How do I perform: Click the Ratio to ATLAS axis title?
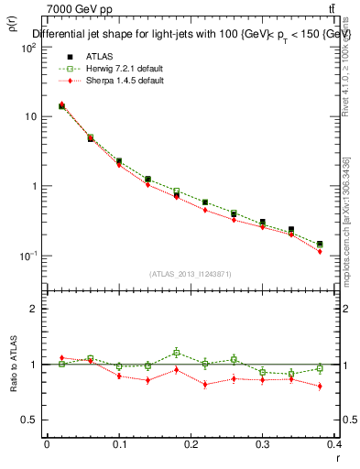(13, 365)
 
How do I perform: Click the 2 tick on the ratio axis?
(34, 309)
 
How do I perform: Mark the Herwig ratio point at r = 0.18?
(176, 352)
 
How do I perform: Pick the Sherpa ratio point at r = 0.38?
(320, 387)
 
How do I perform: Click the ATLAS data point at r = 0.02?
(61, 106)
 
